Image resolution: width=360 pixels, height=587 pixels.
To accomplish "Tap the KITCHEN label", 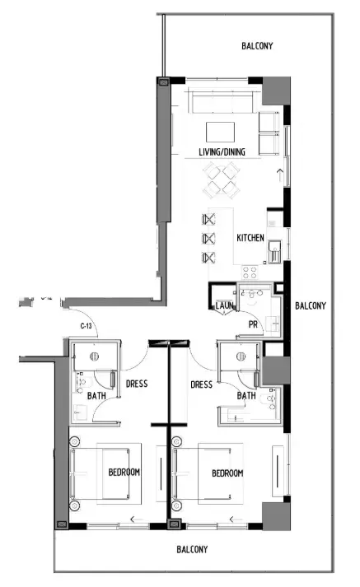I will [x=250, y=238].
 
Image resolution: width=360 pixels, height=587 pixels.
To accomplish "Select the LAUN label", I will [x=225, y=306].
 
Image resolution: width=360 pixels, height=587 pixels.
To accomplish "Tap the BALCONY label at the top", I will [x=257, y=46].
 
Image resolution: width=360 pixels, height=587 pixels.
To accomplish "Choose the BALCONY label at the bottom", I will [x=191, y=549].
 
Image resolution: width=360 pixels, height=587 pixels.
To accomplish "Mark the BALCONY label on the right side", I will [x=311, y=305].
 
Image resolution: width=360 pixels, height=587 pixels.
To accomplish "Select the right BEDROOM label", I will [x=227, y=473].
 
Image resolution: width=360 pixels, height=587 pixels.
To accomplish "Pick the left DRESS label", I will [x=135, y=384].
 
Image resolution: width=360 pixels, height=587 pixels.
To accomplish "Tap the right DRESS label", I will [x=201, y=384].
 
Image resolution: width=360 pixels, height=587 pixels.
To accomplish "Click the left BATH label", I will [x=97, y=396].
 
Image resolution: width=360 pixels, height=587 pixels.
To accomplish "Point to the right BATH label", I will [x=247, y=396].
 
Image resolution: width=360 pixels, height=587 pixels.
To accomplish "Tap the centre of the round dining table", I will [x=221, y=179].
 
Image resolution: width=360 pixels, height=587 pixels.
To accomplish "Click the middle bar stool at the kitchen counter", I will [x=208, y=240].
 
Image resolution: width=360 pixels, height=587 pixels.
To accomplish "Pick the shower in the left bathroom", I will [x=92, y=356].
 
